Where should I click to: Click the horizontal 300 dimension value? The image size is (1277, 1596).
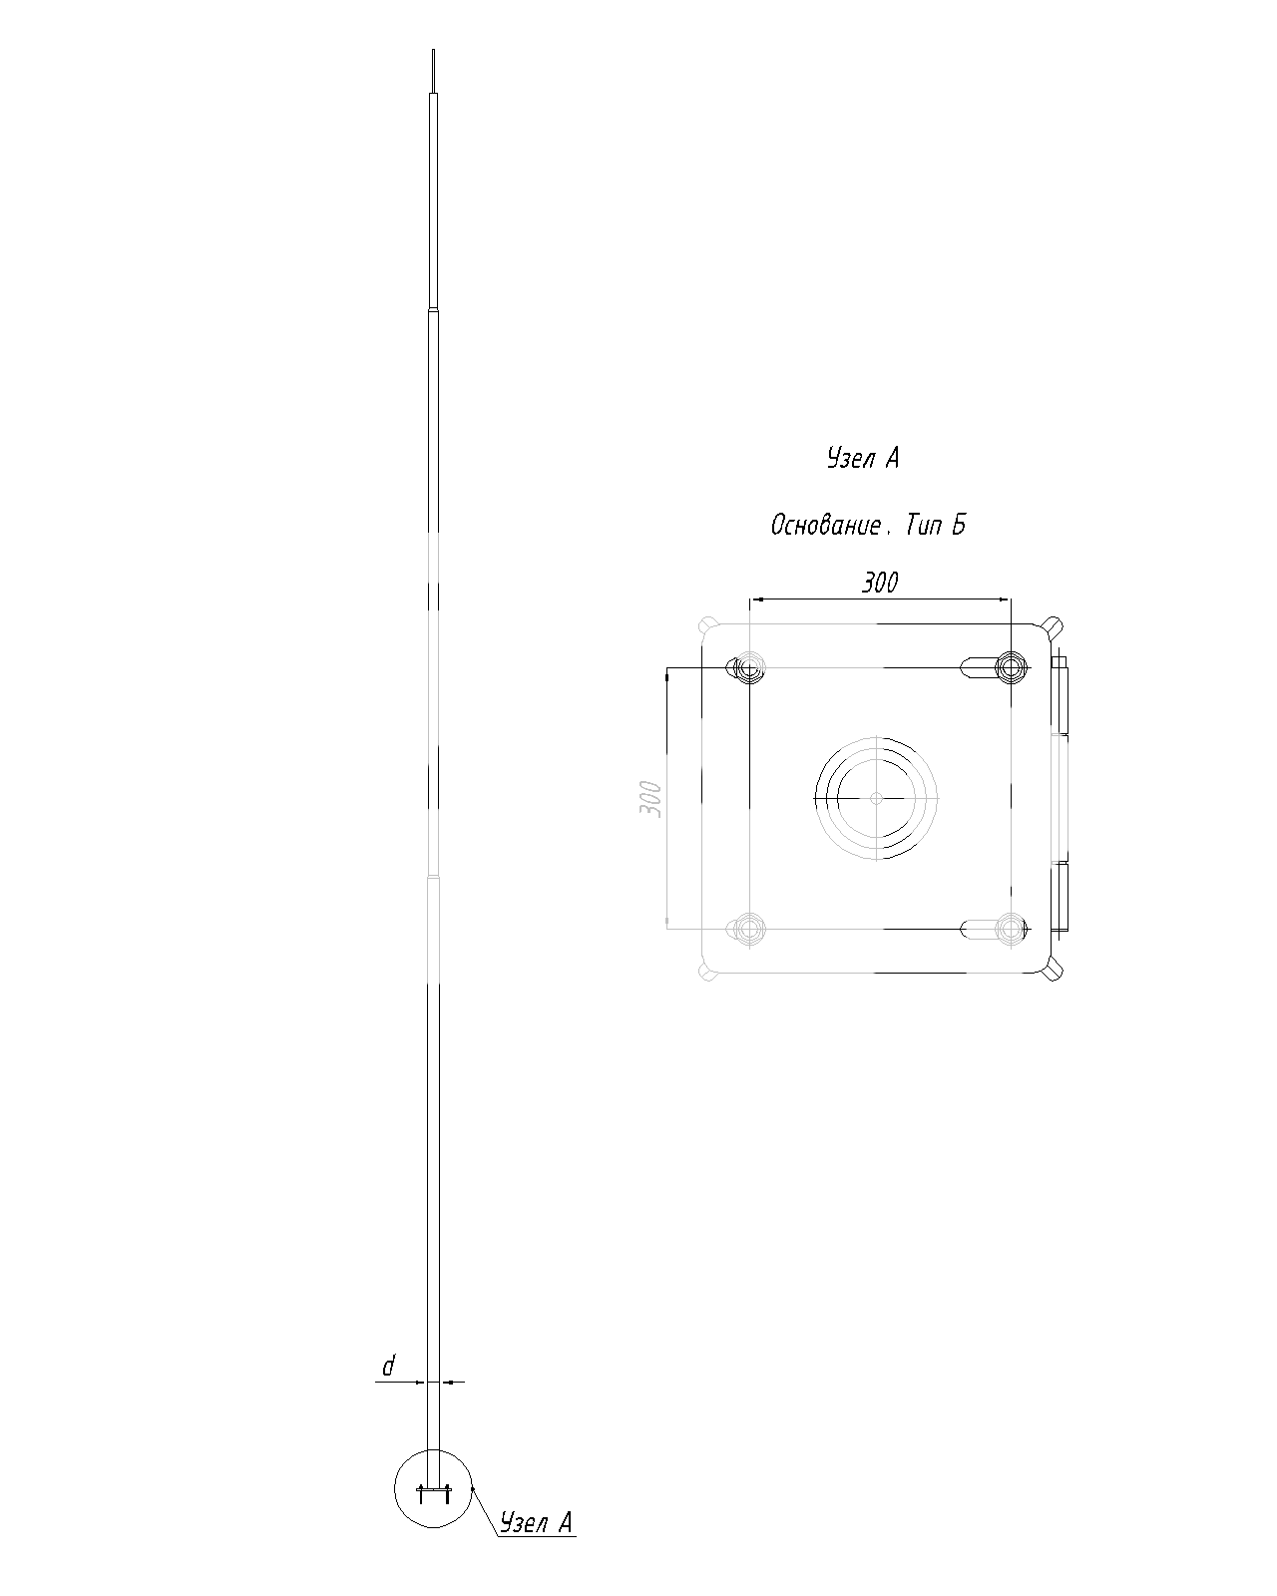click(879, 583)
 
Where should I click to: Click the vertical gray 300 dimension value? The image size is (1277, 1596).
click(650, 798)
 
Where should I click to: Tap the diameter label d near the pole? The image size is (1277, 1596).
click(388, 1366)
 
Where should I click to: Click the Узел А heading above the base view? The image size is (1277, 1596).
click(863, 458)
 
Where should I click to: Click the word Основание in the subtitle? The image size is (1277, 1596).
click(826, 525)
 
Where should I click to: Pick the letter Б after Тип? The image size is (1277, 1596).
click(958, 525)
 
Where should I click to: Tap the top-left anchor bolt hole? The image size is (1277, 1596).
click(750, 668)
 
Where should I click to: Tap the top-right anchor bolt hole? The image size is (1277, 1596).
click(1011, 668)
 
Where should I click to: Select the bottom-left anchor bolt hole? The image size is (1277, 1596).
click(750, 929)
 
